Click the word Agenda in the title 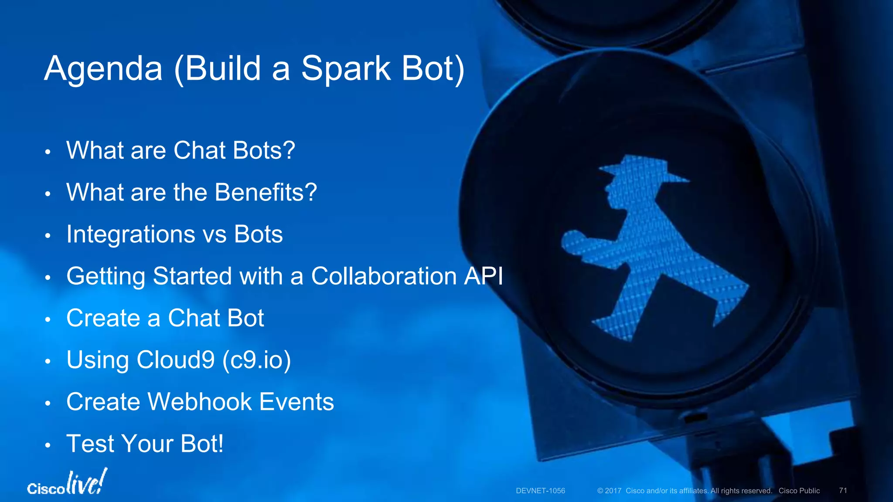[103, 69]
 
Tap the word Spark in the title [346, 69]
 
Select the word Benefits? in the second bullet [266, 192]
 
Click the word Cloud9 [176, 360]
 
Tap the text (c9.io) [256, 360]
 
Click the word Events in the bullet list [297, 401]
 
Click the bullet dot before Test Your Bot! [48, 446]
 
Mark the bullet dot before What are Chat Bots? [48, 152]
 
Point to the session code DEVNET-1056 [540, 491]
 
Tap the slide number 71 [843, 491]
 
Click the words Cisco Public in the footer [799, 491]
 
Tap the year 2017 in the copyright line [613, 491]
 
